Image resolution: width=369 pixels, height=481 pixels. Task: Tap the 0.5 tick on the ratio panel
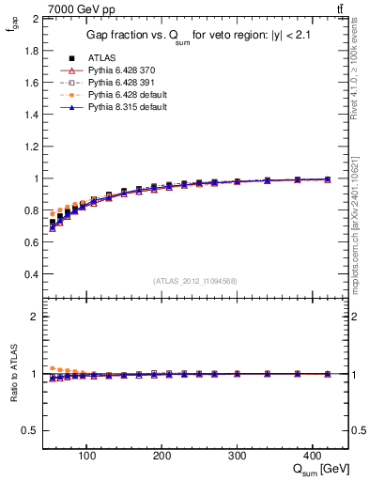[31, 430]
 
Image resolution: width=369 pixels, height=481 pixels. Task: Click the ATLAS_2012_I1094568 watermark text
[195, 280]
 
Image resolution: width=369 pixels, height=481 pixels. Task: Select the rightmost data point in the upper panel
[327, 179]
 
